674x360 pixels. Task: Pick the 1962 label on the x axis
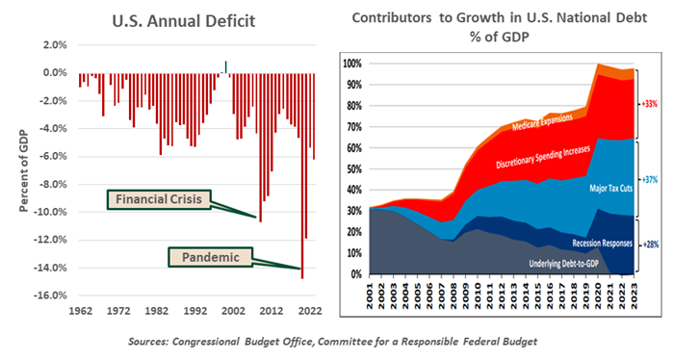point(79,311)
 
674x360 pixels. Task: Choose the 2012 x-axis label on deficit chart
point(271,311)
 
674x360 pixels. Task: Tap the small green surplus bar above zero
point(226,66)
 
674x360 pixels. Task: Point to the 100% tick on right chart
point(353,64)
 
